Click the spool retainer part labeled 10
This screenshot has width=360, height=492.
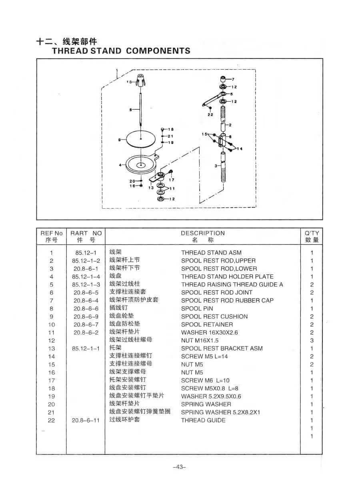point(140,81)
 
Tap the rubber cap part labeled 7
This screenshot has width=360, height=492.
point(223,79)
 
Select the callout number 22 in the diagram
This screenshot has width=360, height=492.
point(210,114)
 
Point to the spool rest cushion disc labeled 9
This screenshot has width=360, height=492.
point(141,139)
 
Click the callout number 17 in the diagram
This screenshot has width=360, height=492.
point(172,180)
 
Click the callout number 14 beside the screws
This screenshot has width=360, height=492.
point(240,149)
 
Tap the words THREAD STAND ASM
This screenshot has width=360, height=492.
point(211,252)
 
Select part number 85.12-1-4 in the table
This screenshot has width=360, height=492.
point(86,277)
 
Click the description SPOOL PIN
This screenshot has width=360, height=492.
point(197,308)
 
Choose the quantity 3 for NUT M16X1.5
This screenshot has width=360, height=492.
point(312,340)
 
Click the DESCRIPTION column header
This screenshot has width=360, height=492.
point(203,233)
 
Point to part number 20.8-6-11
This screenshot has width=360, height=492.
point(86,420)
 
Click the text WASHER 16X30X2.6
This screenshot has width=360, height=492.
point(210,332)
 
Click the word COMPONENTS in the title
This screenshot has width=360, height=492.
point(158,51)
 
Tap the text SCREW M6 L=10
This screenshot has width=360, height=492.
point(205,380)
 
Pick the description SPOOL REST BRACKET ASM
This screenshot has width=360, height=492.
point(222,348)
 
